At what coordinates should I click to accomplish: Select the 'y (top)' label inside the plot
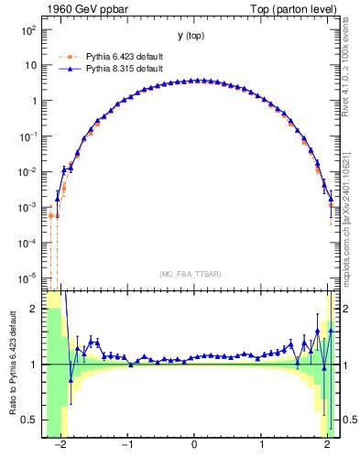(x=191, y=36)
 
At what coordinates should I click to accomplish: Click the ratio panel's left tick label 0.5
(x=30, y=420)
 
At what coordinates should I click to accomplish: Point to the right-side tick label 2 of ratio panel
(x=347, y=310)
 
